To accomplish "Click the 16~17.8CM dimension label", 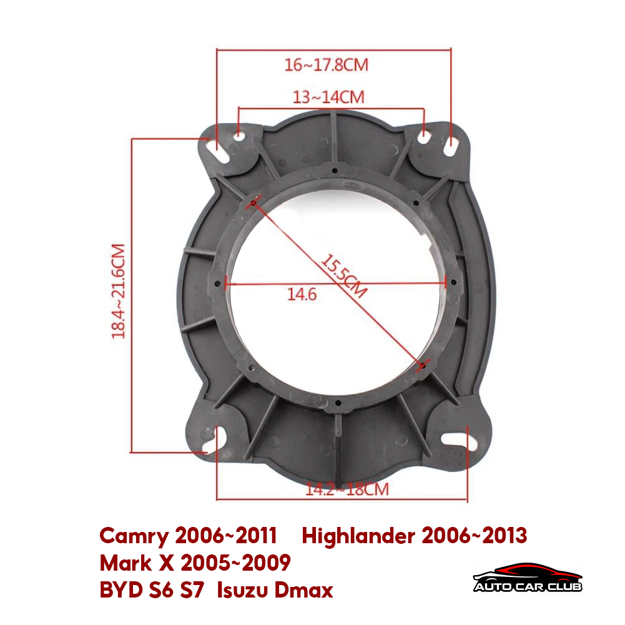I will (x=327, y=65).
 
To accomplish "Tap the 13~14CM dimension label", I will (x=328, y=97).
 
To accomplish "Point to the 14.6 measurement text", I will (x=302, y=294).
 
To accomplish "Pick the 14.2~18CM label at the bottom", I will (x=347, y=489).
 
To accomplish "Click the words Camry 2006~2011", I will (x=188, y=535).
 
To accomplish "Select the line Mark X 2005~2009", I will (x=195, y=563).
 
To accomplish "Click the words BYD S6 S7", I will (x=152, y=589).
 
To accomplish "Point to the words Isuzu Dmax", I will (x=275, y=589).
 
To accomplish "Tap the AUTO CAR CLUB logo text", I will (x=528, y=587).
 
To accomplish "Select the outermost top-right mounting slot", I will (x=452, y=147).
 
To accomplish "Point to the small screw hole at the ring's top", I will (x=335, y=170).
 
